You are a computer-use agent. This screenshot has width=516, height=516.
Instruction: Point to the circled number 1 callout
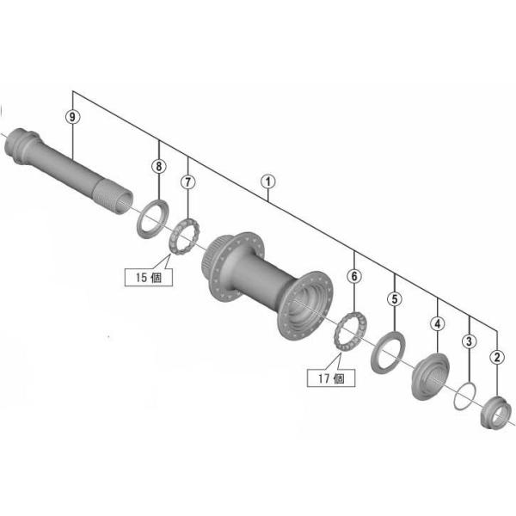(x=268, y=181)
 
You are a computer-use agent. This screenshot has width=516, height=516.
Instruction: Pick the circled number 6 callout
(x=353, y=276)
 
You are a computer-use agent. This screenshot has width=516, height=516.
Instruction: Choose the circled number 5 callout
(x=394, y=299)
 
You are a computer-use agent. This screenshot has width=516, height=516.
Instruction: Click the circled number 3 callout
(x=469, y=341)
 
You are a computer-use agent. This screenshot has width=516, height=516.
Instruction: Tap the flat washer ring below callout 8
(x=152, y=216)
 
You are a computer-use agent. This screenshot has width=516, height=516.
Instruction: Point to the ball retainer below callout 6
(x=349, y=330)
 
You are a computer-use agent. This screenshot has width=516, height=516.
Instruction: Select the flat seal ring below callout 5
(x=387, y=352)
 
